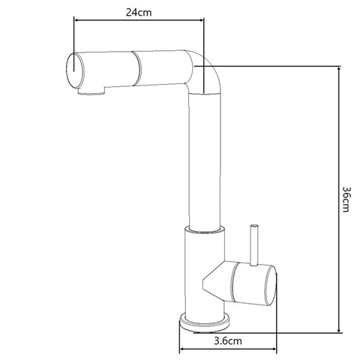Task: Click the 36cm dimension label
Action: pyautogui.click(x=346, y=199)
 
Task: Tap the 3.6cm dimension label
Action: pyautogui.click(x=226, y=341)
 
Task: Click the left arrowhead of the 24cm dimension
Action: pyautogui.click(x=76, y=23)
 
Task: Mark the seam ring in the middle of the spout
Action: pyautogui.click(x=136, y=67)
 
